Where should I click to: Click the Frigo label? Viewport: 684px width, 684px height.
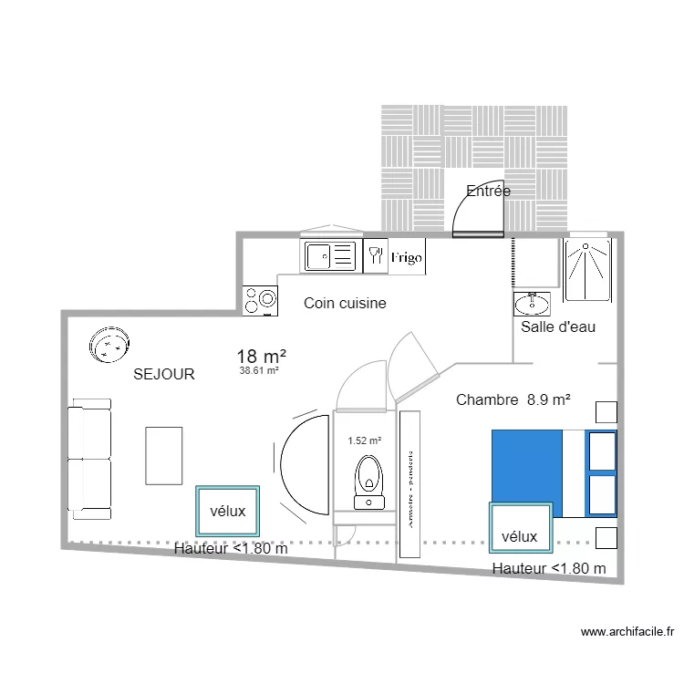(x=407, y=258)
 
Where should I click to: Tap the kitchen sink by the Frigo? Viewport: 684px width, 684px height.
(x=328, y=256)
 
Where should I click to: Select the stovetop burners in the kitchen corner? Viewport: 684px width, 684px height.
(x=260, y=299)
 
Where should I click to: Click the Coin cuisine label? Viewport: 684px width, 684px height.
(x=345, y=304)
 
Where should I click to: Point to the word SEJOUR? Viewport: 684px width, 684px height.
(x=164, y=374)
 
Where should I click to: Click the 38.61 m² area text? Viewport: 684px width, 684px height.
(x=258, y=371)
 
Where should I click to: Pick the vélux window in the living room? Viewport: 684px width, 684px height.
(x=227, y=512)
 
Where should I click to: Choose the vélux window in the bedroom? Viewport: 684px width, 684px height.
(x=519, y=528)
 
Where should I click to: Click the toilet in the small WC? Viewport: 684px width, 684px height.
(x=368, y=479)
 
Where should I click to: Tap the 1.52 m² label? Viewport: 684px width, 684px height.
(x=365, y=440)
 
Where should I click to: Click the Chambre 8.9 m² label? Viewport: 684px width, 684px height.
(x=513, y=399)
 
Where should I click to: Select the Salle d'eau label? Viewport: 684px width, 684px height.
(x=558, y=326)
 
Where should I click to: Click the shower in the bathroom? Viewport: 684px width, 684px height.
(x=591, y=269)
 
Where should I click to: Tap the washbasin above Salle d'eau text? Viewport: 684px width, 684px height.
(x=532, y=302)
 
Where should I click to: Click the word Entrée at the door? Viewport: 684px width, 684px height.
(x=488, y=192)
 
